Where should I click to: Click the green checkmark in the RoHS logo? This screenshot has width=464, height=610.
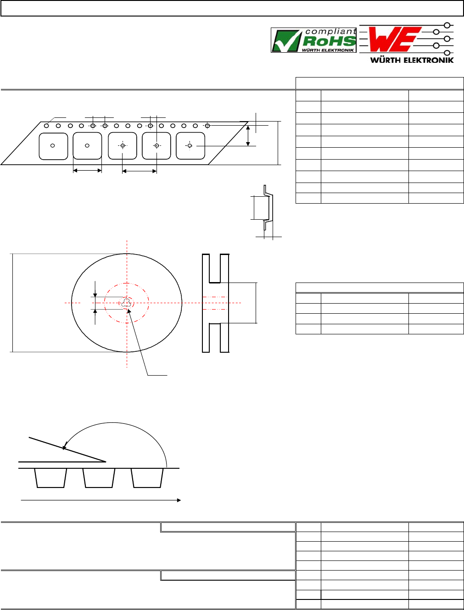(287, 41)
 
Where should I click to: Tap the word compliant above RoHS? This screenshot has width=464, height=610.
(330, 32)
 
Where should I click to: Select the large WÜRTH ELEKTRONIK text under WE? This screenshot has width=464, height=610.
(412, 60)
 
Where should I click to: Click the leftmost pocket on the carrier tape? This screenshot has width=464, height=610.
(53, 146)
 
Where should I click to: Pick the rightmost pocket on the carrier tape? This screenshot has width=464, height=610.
(190, 146)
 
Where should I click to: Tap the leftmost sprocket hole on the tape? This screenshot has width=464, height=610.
(46, 126)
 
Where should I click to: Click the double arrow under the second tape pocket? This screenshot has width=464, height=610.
(87, 171)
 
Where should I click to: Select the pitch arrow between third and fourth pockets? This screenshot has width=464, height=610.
(140, 171)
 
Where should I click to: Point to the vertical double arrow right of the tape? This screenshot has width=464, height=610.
(248, 136)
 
